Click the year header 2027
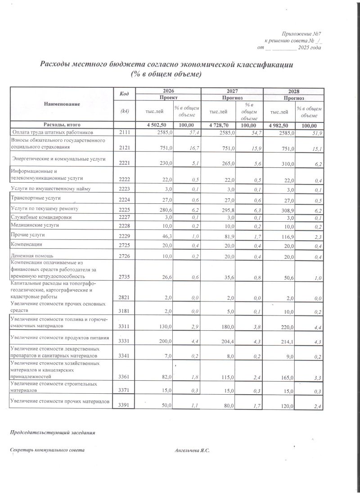232,90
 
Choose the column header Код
125,94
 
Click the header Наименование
62,104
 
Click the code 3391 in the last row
124,406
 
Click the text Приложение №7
301,34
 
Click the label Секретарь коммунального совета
47,450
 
